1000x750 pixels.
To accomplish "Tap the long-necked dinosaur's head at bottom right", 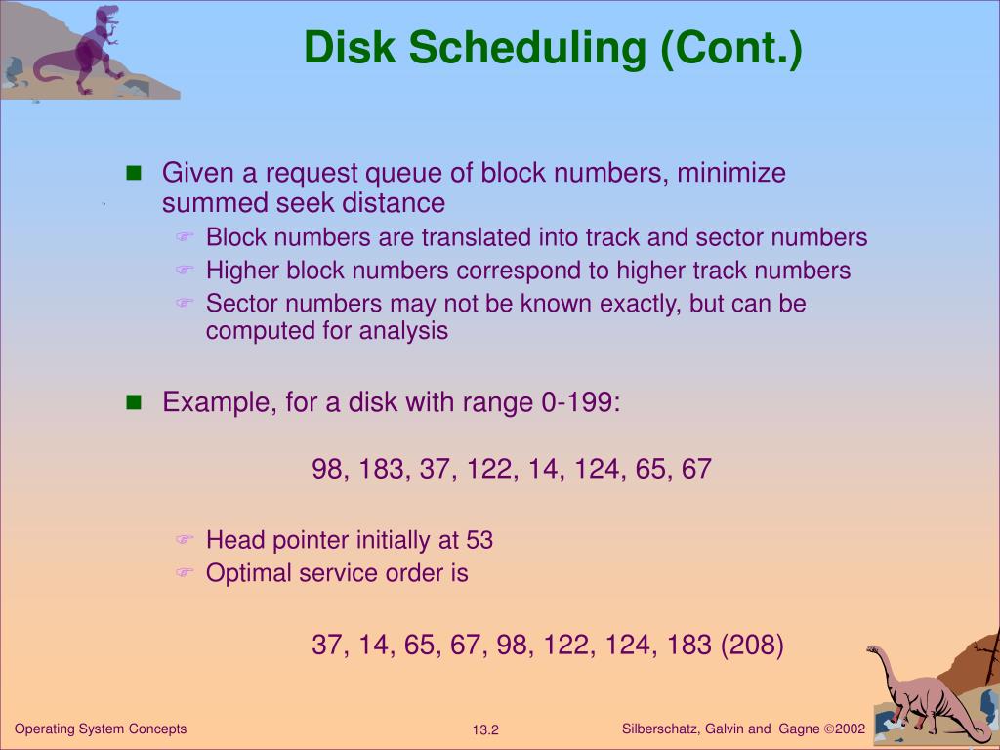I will [x=874, y=650].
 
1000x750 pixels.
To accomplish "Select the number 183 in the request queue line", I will [x=382, y=469].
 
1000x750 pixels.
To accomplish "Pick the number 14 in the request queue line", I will [x=540, y=469].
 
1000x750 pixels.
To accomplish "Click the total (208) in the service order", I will [x=752, y=646].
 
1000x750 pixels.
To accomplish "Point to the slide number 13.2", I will [x=485, y=730].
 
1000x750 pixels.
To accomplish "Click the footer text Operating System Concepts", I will [x=101, y=729].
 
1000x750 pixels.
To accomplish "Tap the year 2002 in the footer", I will [x=850, y=729].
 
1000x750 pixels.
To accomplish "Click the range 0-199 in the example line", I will [x=579, y=402].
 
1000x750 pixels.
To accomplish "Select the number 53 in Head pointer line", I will [x=479, y=540].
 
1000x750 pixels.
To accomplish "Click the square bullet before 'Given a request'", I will [x=135, y=174].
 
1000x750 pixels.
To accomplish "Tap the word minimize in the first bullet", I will [x=731, y=173].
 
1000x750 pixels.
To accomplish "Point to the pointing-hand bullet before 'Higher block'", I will [x=186, y=270].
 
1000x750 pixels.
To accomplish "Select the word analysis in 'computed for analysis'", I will [x=403, y=331].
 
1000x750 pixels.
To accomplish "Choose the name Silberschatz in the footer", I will [x=659, y=729].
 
